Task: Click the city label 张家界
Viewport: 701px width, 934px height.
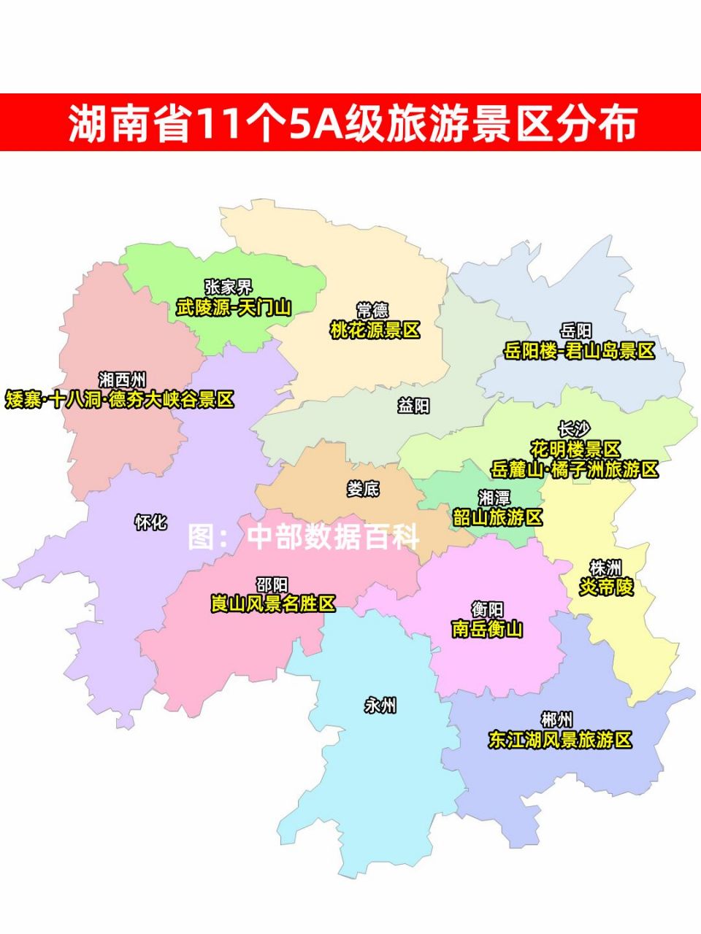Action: coord(228,287)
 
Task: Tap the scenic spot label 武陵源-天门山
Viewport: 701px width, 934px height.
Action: coord(234,307)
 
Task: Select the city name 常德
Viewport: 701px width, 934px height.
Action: coord(372,311)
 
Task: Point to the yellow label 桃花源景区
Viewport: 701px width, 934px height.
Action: coord(375,331)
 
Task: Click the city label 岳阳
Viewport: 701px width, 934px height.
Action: coord(576,331)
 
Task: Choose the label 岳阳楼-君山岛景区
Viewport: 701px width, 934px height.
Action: coord(579,351)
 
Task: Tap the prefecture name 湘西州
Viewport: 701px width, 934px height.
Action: coord(122,379)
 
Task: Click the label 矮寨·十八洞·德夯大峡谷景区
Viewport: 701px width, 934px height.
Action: coord(120,400)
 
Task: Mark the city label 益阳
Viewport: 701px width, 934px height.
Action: coord(413,406)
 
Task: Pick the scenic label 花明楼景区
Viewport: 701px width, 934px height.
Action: coord(575,449)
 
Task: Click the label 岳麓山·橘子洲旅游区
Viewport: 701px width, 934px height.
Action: coord(575,469)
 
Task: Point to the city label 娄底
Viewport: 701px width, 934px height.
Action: coord(363,489)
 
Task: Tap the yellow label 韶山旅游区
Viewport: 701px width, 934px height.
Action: coord(498,517)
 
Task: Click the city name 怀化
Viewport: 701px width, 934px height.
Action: coord(151,522)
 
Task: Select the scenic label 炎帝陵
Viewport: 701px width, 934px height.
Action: coord(606,587)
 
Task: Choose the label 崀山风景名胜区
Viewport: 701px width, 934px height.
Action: coord(273,604)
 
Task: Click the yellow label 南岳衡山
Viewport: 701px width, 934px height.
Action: coord(487,628)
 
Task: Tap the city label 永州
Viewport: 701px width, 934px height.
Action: coord(380,706)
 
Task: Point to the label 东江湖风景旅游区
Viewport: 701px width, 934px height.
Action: coord(560,740)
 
